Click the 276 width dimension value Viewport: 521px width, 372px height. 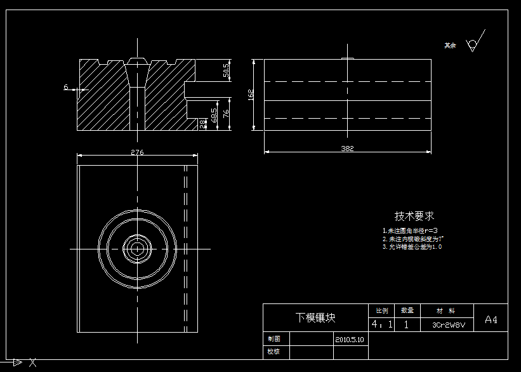[136, 152]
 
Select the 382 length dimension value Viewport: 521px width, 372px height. [347, 149]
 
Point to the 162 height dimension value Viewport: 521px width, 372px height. [251, 95]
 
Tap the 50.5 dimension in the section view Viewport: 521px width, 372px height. [226, 70]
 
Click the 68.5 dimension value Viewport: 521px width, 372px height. [214, 115]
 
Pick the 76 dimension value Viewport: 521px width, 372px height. [226, 114]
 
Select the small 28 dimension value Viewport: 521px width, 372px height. [203, 124]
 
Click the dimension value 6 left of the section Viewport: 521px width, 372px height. [65, 87]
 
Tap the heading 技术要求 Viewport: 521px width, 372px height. [414, 216]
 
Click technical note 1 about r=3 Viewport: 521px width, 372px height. [410, 230]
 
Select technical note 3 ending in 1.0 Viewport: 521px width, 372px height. [412, 247]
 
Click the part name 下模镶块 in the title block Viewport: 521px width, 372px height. [315, 318]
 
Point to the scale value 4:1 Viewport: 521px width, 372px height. [381, 324]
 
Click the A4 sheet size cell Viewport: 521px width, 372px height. [491, 320]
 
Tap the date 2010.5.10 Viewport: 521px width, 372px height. [350, 340]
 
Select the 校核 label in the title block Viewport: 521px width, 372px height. [274, 351]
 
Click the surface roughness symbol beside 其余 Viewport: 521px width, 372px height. [473, 43]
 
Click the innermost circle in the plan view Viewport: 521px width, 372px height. [136, 248]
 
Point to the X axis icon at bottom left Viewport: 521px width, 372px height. [33, 363]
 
